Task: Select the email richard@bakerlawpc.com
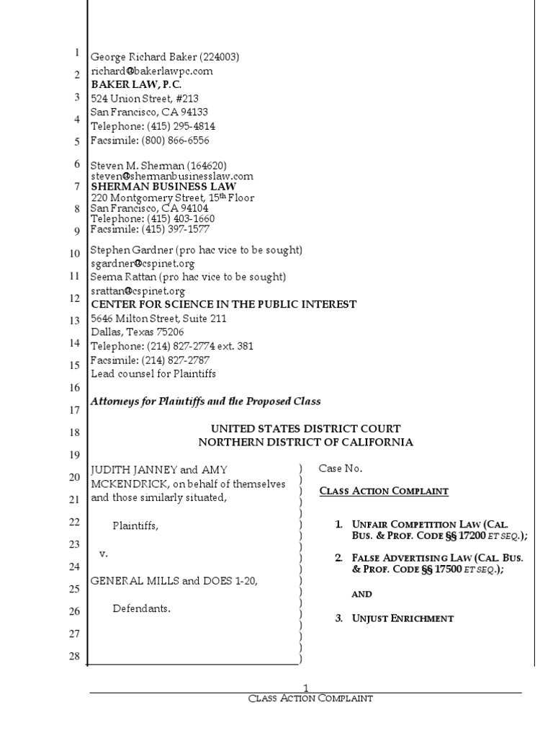[x=151, y=71]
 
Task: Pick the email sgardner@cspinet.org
[x=138, y=264]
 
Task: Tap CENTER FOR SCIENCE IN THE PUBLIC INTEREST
[x=223, y=304]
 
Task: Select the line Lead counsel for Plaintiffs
[x=153, y=374]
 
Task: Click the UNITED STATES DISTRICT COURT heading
[x=305, y=429]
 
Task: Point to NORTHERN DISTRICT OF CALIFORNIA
[x=306, y=443]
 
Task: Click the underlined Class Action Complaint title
[x=384, y=492]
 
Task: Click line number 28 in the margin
[x=73, y=655]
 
